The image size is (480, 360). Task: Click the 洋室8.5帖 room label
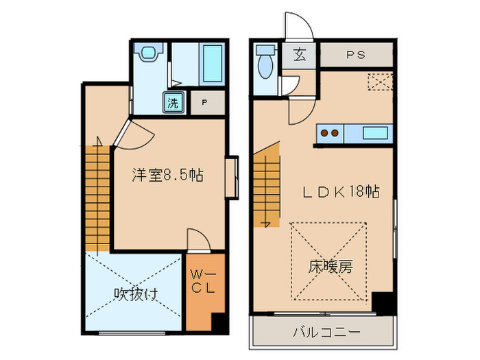[167, 176]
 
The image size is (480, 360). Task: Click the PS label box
[355, 55]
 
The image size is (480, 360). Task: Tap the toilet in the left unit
[149, 53]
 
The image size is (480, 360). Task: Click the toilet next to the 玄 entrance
[265, 66]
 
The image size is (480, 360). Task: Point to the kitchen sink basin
[376, 133]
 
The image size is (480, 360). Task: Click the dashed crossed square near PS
[379, 82]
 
